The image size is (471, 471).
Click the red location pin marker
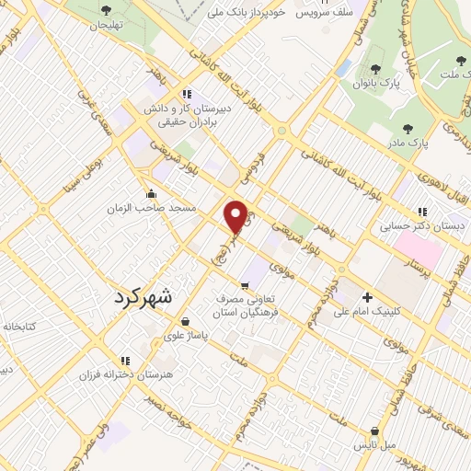click(x=236, y=216)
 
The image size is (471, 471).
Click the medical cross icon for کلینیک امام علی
click(x=367, y=297)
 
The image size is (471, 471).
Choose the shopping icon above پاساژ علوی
click(x=187, y=322)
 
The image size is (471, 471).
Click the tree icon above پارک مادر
click(x=408, y=130)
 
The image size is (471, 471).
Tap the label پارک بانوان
click(x=373, y=84)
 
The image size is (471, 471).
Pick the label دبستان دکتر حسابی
click(x=423, y=224)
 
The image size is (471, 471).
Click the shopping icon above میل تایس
click(x=374, y=431)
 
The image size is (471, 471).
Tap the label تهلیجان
click(x=105, y=25)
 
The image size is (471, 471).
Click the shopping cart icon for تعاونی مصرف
click(x=244, y=285)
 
